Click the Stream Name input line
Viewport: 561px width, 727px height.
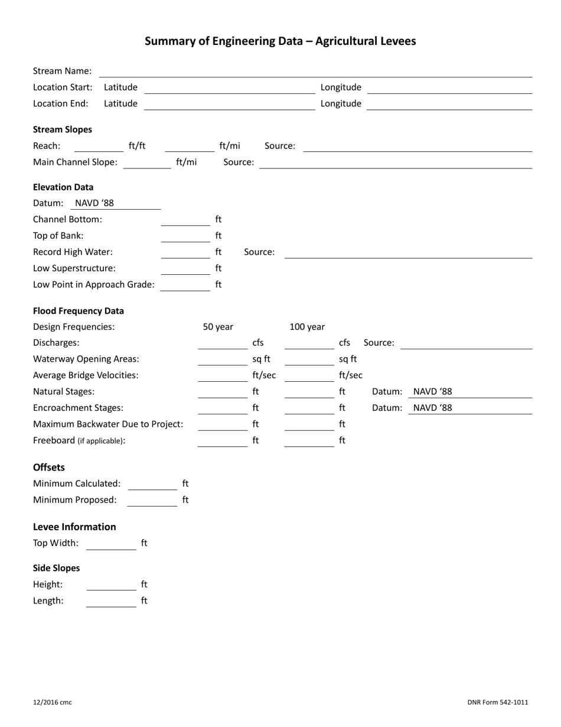(x=315, y=72)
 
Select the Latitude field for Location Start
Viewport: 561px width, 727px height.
(x=230, y=87)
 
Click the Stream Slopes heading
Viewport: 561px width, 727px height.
(x=63, y=129)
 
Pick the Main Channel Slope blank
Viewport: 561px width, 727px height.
(x=147, y=163)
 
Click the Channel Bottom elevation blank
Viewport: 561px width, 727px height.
(x=185, y=220)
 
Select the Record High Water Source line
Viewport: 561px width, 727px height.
(x=408, y=252)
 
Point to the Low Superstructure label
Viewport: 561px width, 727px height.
(x=74, y=268)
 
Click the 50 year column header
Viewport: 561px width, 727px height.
(x=218, y=327)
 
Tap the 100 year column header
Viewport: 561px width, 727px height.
(x=306, y=327)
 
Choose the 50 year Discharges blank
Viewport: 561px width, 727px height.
(x=222, y=343)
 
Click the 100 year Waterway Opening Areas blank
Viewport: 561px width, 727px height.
(x=309, y=359)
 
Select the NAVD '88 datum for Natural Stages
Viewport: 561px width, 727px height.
(x=433, y=392)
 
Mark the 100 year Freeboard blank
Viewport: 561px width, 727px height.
(x=309, y=441)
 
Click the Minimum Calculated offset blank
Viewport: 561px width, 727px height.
(x=152, y=484)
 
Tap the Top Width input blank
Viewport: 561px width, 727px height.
(x=111, y=544)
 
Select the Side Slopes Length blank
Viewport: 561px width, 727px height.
(x=111, y=601)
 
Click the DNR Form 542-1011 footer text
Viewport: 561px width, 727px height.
(x=497, y=703)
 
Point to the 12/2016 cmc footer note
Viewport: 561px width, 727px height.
(x=53, y=703)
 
